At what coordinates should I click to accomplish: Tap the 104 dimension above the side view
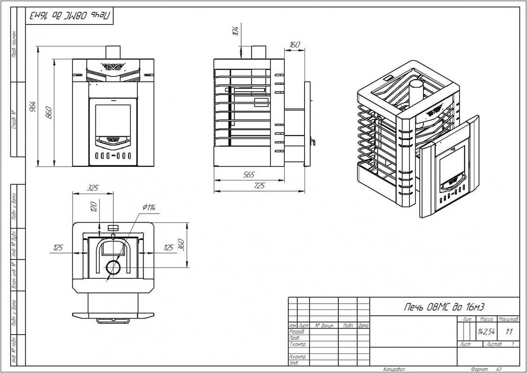236,31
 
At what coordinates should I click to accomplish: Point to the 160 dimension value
295,45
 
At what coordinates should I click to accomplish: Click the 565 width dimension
249,175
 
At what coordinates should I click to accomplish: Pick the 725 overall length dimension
259,186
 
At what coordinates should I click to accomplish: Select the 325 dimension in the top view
93,188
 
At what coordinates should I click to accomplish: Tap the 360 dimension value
182,244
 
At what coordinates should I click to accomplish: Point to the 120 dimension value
93,206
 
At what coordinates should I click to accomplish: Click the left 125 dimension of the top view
58,247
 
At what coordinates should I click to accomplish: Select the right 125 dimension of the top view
169,247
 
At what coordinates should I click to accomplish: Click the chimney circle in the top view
113,268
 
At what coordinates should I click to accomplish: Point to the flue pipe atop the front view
113,52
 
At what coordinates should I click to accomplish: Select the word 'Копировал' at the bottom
393,369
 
